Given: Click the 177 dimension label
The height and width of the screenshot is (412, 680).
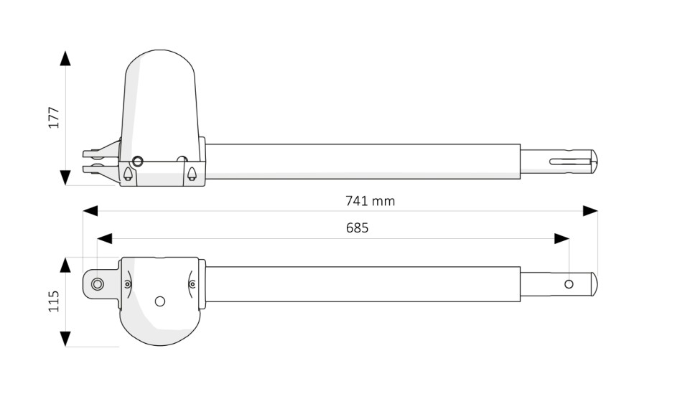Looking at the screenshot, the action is [53, 117].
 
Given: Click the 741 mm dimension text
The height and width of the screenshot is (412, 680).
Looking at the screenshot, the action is [370, 201].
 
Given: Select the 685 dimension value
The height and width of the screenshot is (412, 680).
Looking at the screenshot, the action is [357, 228].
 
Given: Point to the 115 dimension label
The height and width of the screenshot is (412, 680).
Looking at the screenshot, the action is [53, 301].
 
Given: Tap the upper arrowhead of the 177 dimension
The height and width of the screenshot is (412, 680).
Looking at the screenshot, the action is [65, 58].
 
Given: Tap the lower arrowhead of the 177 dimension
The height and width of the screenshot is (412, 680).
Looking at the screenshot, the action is [65, 178].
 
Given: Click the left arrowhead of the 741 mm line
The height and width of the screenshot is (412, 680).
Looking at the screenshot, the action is [90, 211].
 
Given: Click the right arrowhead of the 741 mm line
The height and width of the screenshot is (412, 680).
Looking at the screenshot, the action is [590, 211].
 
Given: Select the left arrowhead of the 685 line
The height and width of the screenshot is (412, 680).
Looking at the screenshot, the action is [105, 238].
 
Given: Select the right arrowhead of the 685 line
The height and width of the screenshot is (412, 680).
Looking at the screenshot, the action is [562, 238].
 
